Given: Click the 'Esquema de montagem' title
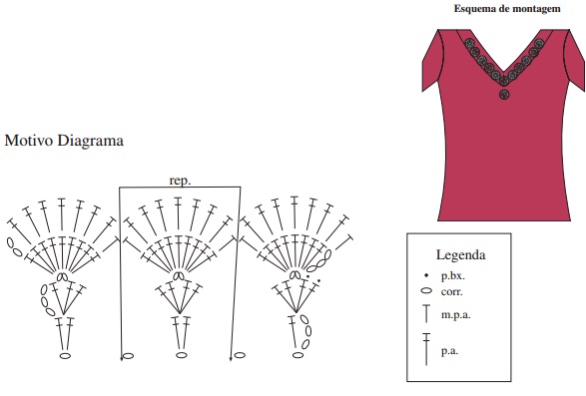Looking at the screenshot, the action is pos(507,9).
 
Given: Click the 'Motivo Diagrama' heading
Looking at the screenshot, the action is pos(64,141).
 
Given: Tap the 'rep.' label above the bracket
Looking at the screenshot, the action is pos(180,181).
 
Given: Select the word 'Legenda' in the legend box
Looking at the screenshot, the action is pos(461,254).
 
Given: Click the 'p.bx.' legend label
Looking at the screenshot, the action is pos(453,276).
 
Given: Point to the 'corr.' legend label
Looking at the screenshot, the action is pos(452,291).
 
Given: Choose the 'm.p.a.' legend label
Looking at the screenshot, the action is pos(456,314).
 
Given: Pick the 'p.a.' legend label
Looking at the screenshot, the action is pos(449,351).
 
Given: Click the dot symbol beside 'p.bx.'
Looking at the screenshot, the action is pos(426,275).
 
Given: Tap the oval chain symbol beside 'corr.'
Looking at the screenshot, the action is pos(426,290).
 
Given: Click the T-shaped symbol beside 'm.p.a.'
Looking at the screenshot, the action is pos(426,313).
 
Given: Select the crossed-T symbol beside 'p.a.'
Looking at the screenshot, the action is pos(426,349).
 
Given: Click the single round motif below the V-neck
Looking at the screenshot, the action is pos(504,94).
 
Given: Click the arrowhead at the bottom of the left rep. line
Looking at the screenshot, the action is pos(122,359).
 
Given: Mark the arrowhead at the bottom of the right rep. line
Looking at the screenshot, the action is pos(231,359).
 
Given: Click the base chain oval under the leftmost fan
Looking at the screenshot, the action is pos(66,356).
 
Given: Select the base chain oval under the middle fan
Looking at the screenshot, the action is pos(182,355).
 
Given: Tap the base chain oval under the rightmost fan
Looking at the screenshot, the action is pos(297,355).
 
